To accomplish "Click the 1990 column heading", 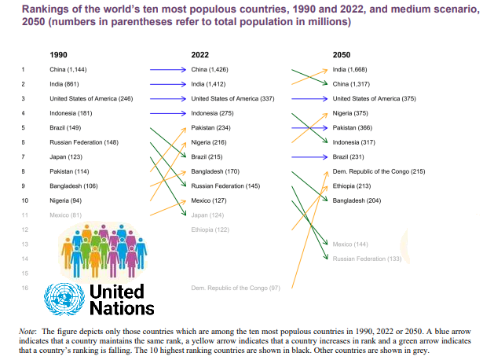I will [x=58, y=53].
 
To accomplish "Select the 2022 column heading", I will [x=200, y=53].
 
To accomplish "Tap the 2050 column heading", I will [x=342, y=53].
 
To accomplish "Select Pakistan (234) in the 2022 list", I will [x=210, y=127].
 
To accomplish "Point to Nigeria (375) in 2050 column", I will [x=350, y=113].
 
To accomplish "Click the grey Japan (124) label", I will [x=207, y=215].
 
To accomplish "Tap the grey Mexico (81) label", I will [x=64, y=215].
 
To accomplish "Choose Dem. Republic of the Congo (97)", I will [x=236, y=288].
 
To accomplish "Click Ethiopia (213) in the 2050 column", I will [x=352, y=186].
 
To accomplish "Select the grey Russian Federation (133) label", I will [x=367, y=259].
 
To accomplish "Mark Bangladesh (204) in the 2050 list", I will [x=357, y=200].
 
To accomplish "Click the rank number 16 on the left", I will [x=24, y=288].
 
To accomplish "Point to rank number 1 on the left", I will [x=24, y=69].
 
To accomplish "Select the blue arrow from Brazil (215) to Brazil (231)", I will [x=308, y=157].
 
